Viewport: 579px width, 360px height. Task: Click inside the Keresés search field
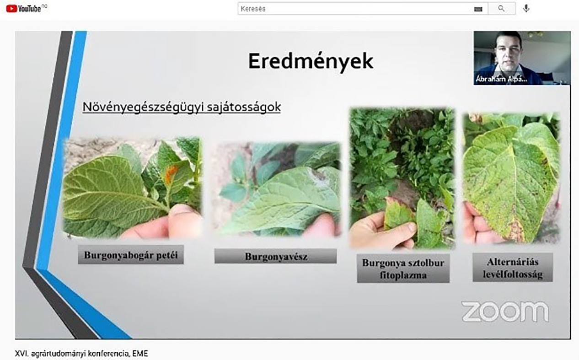[354, 9]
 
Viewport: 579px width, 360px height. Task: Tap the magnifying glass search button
[501, 9]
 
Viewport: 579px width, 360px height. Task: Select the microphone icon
[526, 9]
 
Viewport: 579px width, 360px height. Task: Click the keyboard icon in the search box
[478, 9]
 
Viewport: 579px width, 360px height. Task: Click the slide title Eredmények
[311, 61]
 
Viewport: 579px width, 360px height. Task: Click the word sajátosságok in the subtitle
[243, 107]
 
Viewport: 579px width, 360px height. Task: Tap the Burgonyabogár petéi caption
[131, 255]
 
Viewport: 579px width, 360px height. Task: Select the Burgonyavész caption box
[275, 256]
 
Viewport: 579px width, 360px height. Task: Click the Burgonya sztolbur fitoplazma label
[403, 269]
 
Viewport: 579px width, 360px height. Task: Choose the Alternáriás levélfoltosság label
[513, 268]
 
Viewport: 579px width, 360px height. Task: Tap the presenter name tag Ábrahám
[501, 79]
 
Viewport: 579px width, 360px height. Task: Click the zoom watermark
[504, 312]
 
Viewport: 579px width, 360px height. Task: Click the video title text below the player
[81, 354]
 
